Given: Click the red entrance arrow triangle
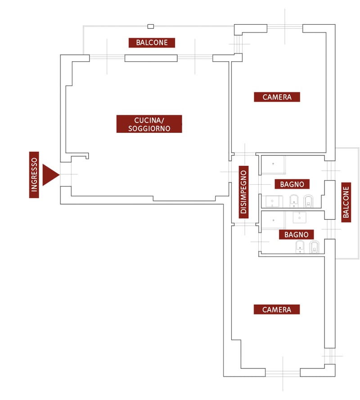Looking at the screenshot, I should pos(49,175).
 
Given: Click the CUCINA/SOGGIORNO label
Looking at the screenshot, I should pos(149,124).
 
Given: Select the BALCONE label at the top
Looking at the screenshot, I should pos(152,43).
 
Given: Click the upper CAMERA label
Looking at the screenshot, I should pos(277,97).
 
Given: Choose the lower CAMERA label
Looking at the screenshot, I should pos(277,309).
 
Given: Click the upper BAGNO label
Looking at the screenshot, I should pos(292,184).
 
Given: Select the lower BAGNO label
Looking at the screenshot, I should pos(296,235).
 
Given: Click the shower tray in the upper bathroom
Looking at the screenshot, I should pos(273,164).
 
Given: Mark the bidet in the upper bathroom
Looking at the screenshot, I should pos(294,200).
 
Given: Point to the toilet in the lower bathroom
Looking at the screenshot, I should pos(314,247).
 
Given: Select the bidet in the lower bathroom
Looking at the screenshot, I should pos(300,247).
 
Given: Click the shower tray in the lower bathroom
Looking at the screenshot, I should pos(273,220).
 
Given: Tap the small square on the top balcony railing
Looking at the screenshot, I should pos(151,26).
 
